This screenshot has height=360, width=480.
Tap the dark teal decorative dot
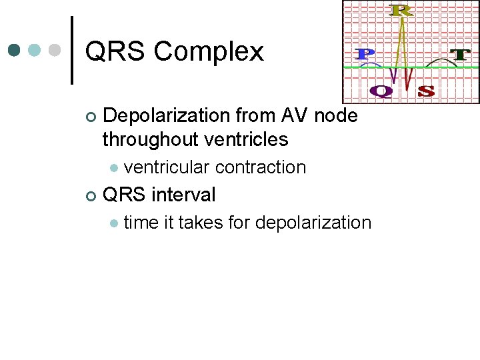pos(14,50)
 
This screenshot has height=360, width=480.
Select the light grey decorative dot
pos(55,50)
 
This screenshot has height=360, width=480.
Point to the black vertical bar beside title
pos(72,50)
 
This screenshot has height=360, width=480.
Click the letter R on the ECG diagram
pos(401,10)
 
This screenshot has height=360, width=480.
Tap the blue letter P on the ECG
pos(364,55)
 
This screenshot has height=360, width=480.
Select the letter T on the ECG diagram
pos(459,55)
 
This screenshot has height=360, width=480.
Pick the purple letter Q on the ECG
pos(381,91)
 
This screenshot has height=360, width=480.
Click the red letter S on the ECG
pos(426,91)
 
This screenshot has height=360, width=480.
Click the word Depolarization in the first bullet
pos(167,116)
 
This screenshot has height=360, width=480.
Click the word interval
pos(183,195)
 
